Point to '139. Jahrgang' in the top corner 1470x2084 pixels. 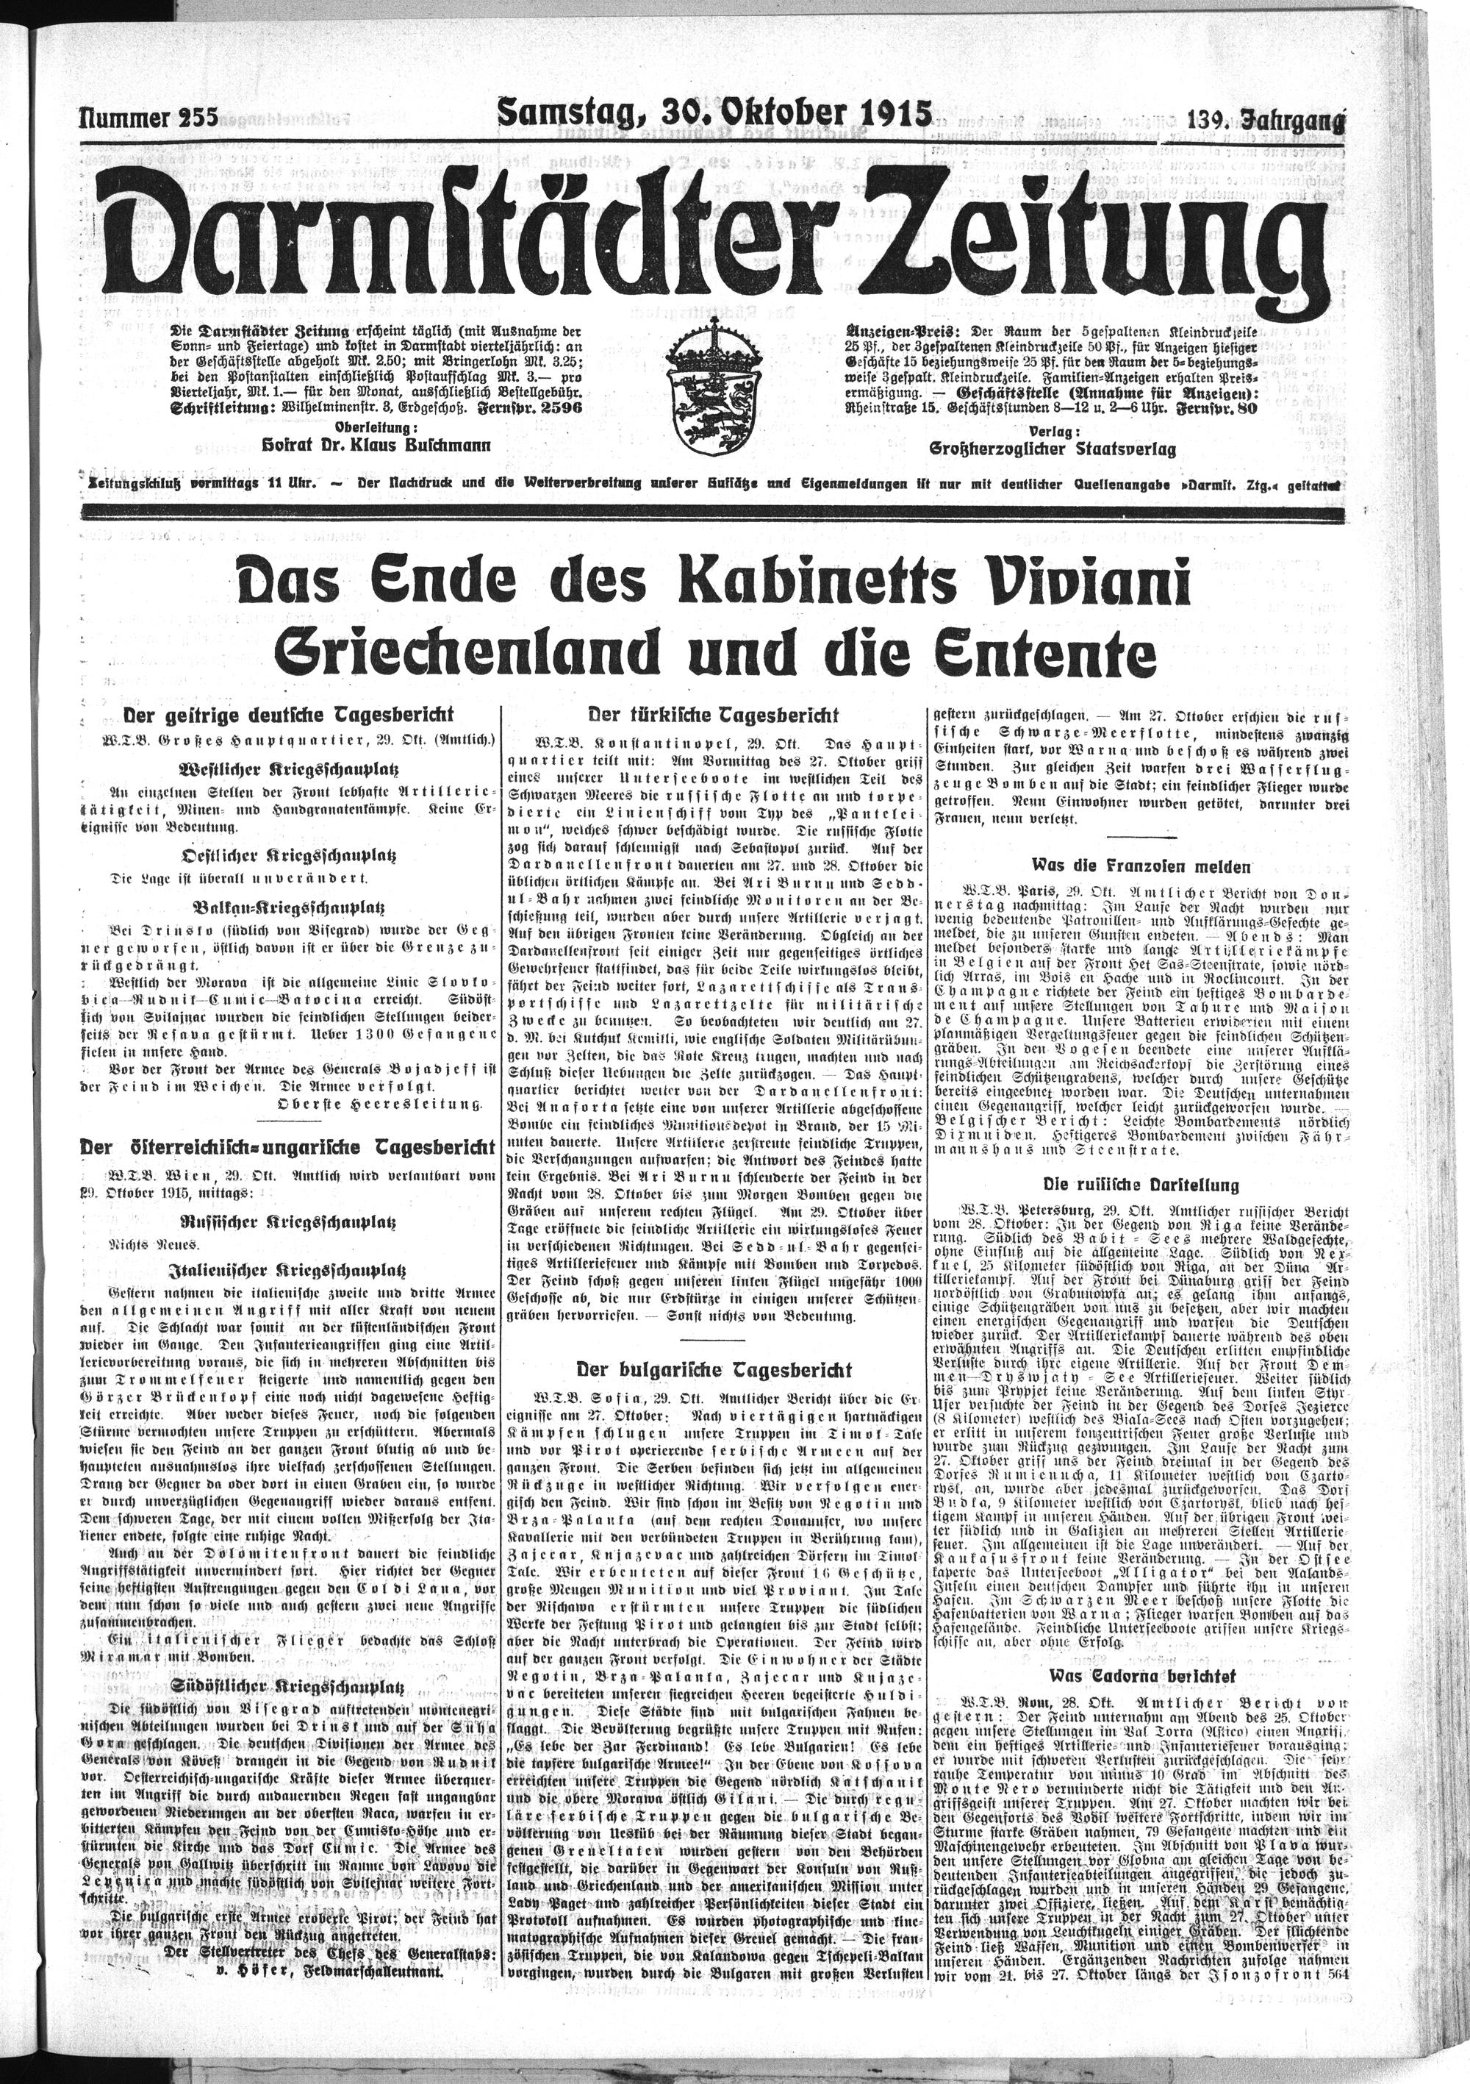pyautogui.click(x=1266, y=119)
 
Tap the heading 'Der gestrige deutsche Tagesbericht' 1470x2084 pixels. pyautogui.click(x=289, y=714)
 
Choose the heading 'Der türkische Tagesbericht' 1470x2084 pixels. pyautogui.click(x=713, y=714)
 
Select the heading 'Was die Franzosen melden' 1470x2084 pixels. pyautogui.click(x=1141, y=866)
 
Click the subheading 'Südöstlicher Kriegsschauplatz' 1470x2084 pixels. pyautogui.click(x=289, y=1661)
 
